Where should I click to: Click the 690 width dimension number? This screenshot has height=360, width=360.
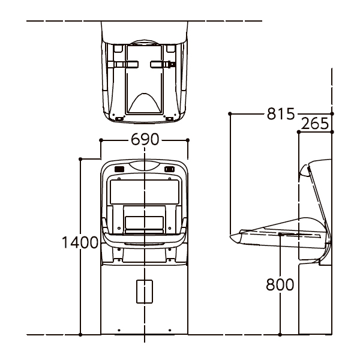[145, 139]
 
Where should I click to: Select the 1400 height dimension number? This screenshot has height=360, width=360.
[80, 242]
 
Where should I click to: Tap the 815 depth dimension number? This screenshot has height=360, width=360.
[281, 113]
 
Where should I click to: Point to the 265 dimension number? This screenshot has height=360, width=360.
[314, 123]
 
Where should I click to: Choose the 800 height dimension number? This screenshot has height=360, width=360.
[280, 284]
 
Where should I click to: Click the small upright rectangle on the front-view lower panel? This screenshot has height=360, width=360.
[145, 292]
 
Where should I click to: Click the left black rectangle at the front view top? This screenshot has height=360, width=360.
[119, 169]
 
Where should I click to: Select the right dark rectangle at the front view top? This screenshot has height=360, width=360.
[169, 169]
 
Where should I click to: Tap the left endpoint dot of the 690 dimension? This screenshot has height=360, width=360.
[101, 140]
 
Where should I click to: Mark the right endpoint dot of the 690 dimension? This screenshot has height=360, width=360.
[188, 140]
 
